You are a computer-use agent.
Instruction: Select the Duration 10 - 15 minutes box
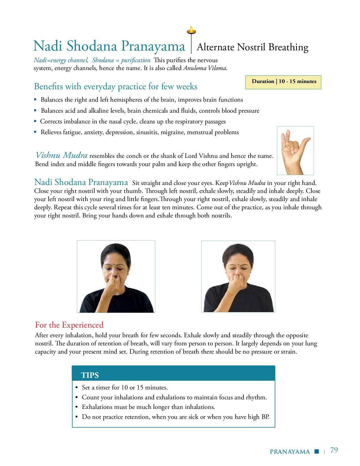pos(283,82)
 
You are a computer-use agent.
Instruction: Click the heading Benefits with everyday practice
pos(115,86)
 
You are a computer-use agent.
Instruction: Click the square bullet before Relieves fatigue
pos(35,132)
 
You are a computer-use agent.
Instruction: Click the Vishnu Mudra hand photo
pos(295,151)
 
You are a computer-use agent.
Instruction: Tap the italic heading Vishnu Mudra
pos(61,155)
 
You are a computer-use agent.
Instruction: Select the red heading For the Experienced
pos(69,325)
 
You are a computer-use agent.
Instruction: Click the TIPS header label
pos(90,375)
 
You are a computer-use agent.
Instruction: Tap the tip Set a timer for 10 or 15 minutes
pos(125,387)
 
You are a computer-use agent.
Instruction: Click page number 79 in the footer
pos(334,450)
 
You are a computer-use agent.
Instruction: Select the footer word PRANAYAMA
pos(290,452)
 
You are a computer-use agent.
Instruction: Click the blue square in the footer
pos(317,451)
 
